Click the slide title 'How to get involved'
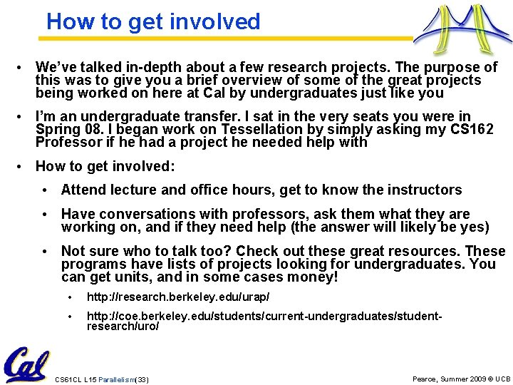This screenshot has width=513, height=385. pos(153,21)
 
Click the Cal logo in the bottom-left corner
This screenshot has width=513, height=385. pos(26,364)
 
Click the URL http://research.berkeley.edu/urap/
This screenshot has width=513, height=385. pos(177,296)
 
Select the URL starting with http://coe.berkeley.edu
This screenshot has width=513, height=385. pos(264,319)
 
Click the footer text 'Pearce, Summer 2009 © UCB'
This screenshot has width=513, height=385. pos(461,378)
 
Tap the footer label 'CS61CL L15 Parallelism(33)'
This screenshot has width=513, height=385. pos(102,379)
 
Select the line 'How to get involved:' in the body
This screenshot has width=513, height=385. pos(104,166)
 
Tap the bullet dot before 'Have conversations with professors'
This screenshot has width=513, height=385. pos(46,214)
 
